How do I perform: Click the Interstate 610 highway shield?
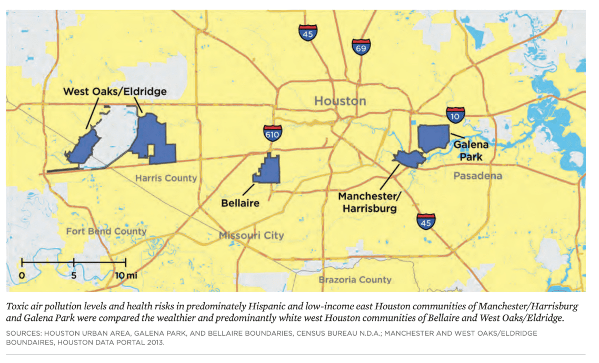point(272,134)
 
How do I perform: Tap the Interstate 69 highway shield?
point(361,48)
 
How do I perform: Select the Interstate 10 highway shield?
point(455,115)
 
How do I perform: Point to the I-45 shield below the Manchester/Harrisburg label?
point(426,222)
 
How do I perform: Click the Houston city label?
point(340,100)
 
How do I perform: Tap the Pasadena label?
point(477,176)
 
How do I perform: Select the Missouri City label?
point(251,235)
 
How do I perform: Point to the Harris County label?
point(166,178)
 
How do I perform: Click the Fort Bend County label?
point(106,231)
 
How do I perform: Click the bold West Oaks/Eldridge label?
point(115,92)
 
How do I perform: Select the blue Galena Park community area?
point(433,138)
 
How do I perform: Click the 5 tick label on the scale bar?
point(74,275)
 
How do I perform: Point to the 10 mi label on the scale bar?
point(125,275)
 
